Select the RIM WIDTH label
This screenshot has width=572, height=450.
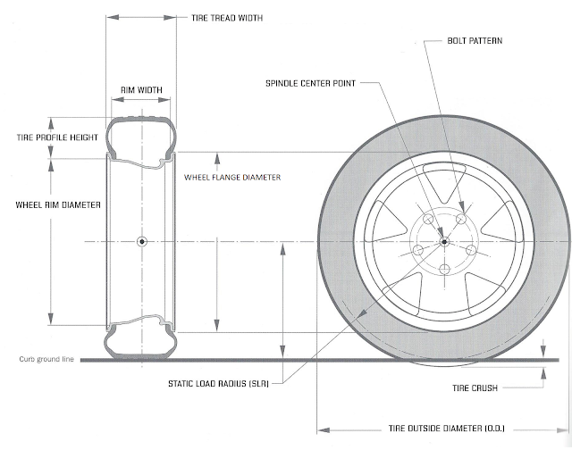140,90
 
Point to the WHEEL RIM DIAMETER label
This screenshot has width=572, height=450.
57,204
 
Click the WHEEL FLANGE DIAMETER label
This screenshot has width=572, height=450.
232,178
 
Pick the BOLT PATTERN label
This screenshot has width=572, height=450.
477,42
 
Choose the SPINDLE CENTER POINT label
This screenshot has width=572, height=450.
311,84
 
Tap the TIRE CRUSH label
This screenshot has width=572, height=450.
474,389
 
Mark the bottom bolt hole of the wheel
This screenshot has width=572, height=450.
444,270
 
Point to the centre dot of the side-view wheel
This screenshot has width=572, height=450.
444,241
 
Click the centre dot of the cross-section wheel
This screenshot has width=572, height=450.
141,242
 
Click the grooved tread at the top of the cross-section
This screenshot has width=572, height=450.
140,119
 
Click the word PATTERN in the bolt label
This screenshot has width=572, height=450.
489,42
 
